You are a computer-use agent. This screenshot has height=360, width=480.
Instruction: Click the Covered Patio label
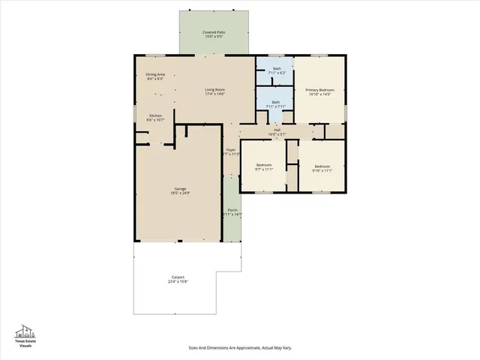point(215,32)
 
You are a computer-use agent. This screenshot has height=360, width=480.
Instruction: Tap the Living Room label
point(215,90)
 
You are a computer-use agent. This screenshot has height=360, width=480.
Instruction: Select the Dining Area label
point(155,74)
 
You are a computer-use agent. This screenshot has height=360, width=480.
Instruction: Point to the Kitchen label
point(155,115)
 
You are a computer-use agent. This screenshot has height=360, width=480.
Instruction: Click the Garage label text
point(180,189)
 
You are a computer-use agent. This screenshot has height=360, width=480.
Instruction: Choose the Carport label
point(177,277)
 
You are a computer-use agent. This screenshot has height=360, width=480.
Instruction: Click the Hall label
point(277,130)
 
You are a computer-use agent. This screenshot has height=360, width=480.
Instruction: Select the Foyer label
point(231,150)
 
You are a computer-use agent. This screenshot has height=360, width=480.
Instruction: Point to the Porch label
point(232,211)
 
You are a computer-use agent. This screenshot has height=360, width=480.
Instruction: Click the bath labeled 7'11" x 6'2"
point(277,69)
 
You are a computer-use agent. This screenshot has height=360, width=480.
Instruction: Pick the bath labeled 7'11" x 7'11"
point(276,102)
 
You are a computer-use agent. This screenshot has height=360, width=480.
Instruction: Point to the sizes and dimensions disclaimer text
point(239,348)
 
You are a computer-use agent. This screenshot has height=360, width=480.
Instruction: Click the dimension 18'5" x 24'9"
point(180,193)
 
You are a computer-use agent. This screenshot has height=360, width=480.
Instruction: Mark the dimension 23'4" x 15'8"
point(177,282)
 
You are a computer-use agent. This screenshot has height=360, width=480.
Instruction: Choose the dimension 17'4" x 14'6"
point(215,94)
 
